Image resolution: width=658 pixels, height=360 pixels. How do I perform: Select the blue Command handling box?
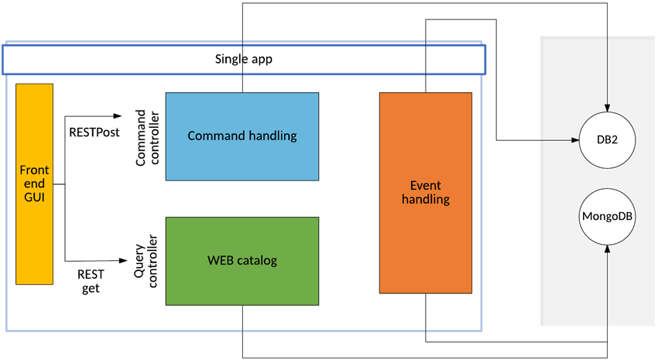pyautogui.click(x=242, y=136)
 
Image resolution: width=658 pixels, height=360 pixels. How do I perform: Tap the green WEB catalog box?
pyautogui.click(x=242, y=260)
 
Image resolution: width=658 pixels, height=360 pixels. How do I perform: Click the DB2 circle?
pyautogui.click(x=608, y=140)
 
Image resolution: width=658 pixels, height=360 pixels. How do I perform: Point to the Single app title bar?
pyautogui.click(x=243, y=59)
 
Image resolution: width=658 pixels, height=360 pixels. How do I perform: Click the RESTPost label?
pyautogui.click(x=94, y=132)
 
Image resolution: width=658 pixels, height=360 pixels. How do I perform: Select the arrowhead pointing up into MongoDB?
pyautogui.click(x=608, y=250)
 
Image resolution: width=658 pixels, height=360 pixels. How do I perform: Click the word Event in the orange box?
pyautogui.click(x=426, y=186)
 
